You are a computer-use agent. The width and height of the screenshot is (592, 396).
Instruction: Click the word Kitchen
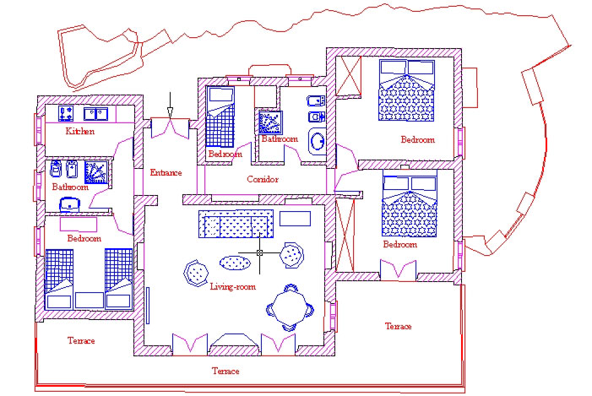click(79, 132)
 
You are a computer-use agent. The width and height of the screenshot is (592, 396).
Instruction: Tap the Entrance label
click(166, 172)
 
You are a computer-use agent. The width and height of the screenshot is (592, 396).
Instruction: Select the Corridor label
click(263, 179)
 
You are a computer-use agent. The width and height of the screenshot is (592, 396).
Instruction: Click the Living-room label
click(232, 286)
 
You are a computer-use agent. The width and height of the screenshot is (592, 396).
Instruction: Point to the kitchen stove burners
click(66, 114)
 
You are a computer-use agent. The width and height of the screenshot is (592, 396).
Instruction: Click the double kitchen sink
click(96, 114)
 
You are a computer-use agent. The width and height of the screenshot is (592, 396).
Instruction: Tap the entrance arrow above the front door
click(170, 106)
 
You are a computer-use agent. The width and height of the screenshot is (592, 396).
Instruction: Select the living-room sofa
click(236, 224)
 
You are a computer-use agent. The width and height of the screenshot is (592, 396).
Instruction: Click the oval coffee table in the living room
click(235, 263)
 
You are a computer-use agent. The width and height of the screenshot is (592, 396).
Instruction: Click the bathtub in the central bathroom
click(318, 142)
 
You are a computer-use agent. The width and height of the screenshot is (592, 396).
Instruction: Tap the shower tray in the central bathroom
click(270, 122)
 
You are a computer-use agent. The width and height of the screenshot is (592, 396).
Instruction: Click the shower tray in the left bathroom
click(96, 172)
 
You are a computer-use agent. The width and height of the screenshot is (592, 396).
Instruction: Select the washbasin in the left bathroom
click(70, 204)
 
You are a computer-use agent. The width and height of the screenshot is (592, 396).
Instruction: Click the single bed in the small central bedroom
click(220, 117)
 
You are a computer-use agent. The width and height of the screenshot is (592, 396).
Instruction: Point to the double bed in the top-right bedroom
click(406, 90)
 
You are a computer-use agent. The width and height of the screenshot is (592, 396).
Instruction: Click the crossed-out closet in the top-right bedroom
click(349, 76)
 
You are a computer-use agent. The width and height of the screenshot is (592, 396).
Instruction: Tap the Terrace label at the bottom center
click(225, 371)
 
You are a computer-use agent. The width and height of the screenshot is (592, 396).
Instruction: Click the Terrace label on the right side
click(398, 326)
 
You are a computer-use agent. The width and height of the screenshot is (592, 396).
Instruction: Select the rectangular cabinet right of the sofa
click(296, 219)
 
